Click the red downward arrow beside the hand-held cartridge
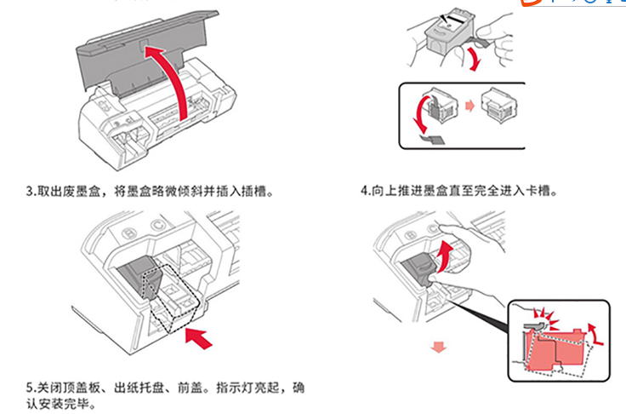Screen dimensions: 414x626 pyautogui.click(x=472, y=58)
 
